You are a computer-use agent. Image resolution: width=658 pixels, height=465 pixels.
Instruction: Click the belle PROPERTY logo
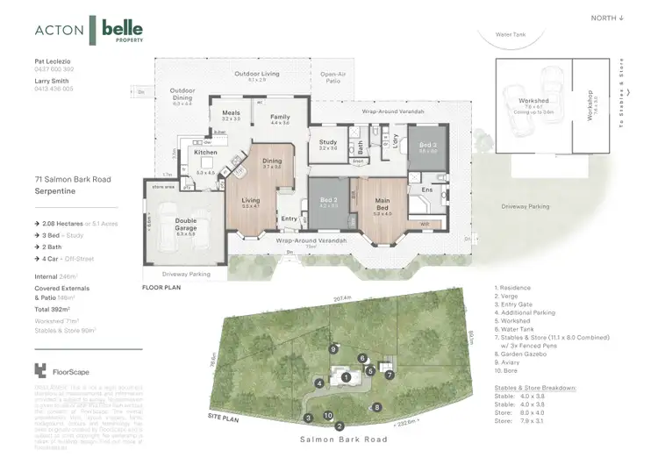123,31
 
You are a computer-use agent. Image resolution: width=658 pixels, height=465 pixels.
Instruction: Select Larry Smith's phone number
54,89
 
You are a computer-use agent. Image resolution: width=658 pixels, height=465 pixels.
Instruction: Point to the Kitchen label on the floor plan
204,153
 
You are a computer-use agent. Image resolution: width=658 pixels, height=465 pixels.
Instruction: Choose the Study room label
327,142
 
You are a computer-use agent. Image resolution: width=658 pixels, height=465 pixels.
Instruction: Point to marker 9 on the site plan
333,349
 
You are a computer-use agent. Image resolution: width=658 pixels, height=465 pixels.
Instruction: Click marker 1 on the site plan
347,378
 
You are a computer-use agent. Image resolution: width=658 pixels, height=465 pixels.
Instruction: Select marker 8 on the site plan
376,407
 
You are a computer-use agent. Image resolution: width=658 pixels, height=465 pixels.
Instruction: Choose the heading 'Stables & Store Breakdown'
535,387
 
